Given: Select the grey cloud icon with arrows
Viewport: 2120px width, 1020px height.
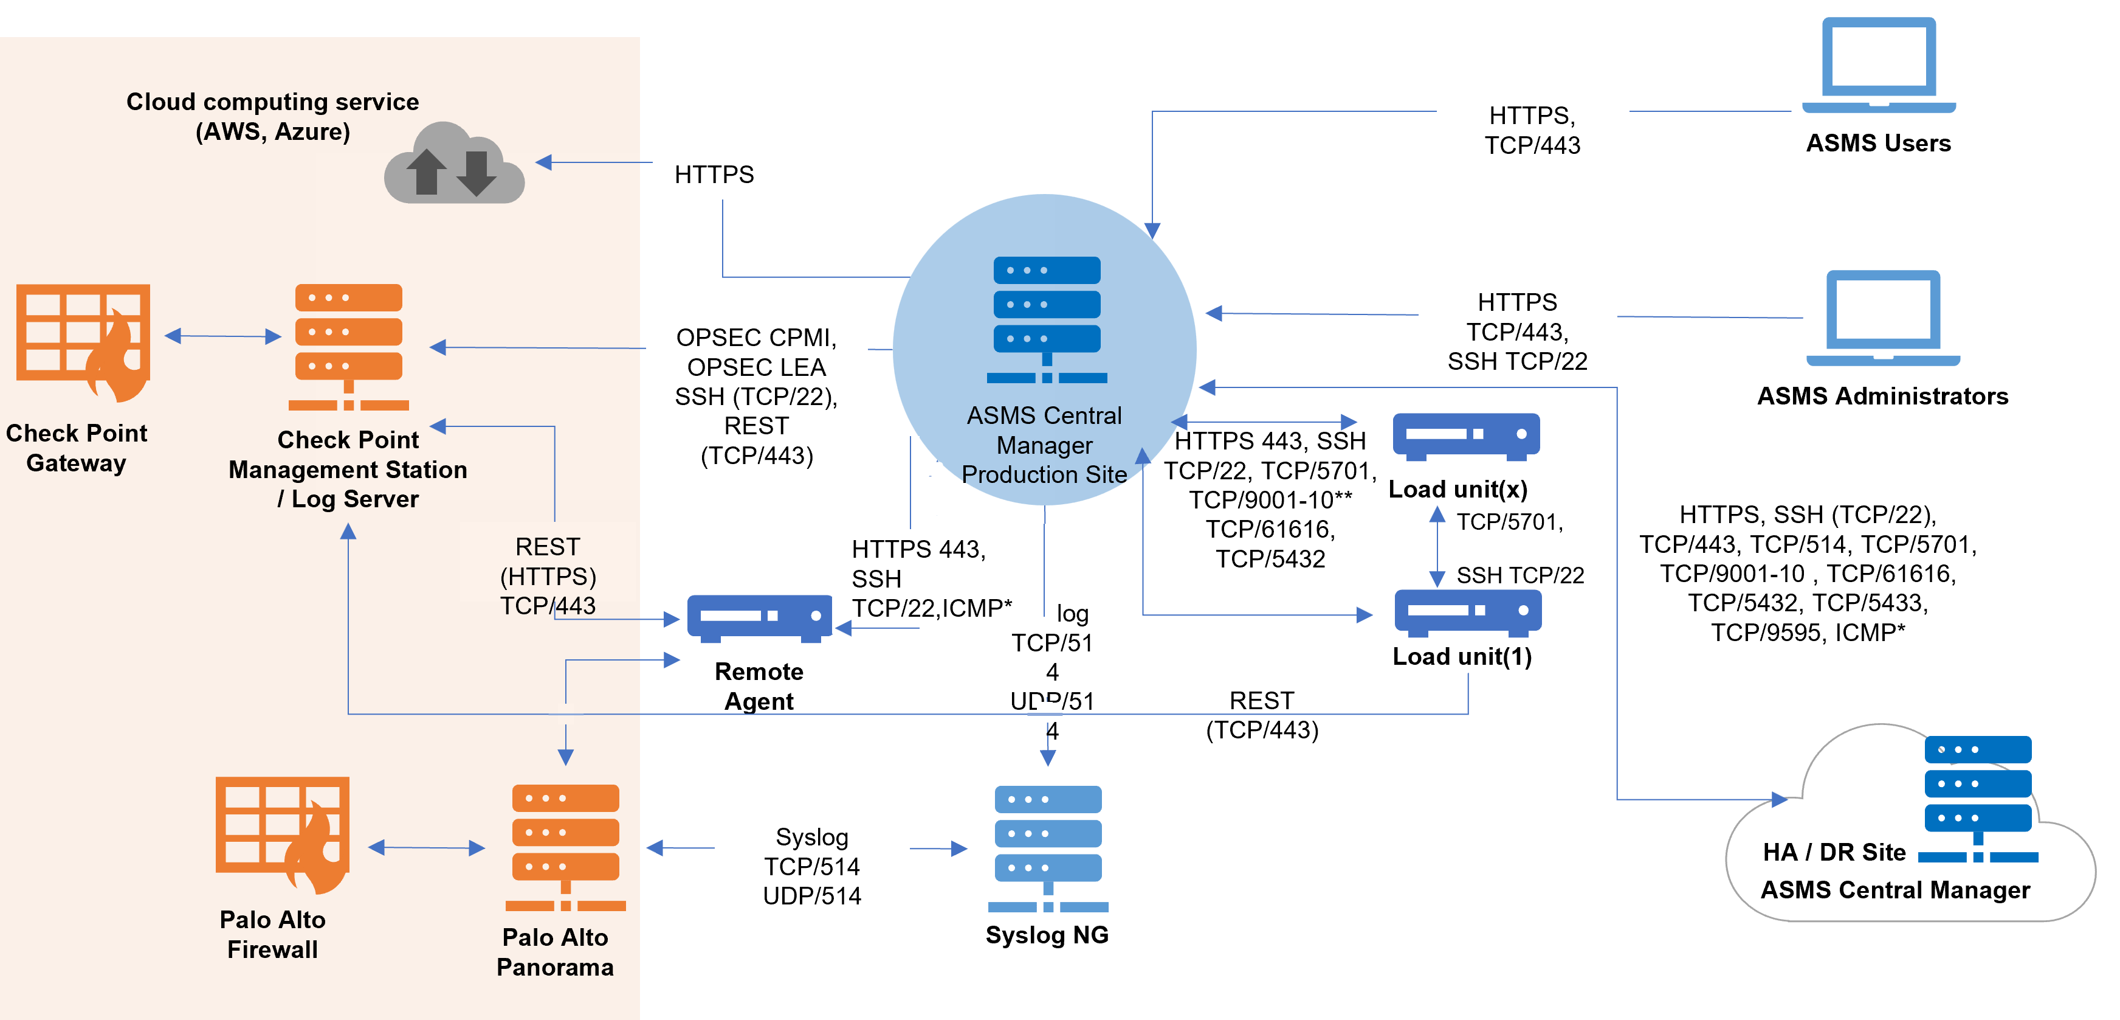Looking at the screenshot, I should pos(453,164).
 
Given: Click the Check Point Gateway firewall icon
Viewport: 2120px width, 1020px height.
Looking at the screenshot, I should pos(83,342).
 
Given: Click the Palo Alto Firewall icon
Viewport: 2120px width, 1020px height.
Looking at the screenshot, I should pos(282,834).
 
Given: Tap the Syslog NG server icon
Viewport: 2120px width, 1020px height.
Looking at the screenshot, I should pos(1048,848).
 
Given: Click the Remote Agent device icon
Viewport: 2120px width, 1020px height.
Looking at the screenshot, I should pos(759,617).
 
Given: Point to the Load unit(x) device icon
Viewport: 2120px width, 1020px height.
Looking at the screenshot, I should pos(1466,435).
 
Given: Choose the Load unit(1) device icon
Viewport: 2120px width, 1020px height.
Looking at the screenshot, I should pos(1467,612).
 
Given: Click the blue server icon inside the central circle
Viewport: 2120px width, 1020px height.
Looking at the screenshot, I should pos(1047,319).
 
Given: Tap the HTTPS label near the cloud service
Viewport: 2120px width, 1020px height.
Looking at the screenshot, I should pos(714,175).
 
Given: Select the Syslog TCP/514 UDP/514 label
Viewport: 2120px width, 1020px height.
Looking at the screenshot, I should pos(811,866).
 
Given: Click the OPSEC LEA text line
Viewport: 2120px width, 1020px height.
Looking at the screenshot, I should pos(755,367).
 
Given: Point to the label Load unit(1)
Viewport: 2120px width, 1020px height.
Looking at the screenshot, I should pos(1462,656).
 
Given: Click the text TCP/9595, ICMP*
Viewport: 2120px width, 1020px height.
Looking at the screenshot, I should pos(1807,632).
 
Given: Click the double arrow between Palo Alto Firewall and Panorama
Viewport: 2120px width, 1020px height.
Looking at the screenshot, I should pos(426,847).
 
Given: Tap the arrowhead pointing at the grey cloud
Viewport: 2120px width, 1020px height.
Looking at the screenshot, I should pos(544,162).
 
